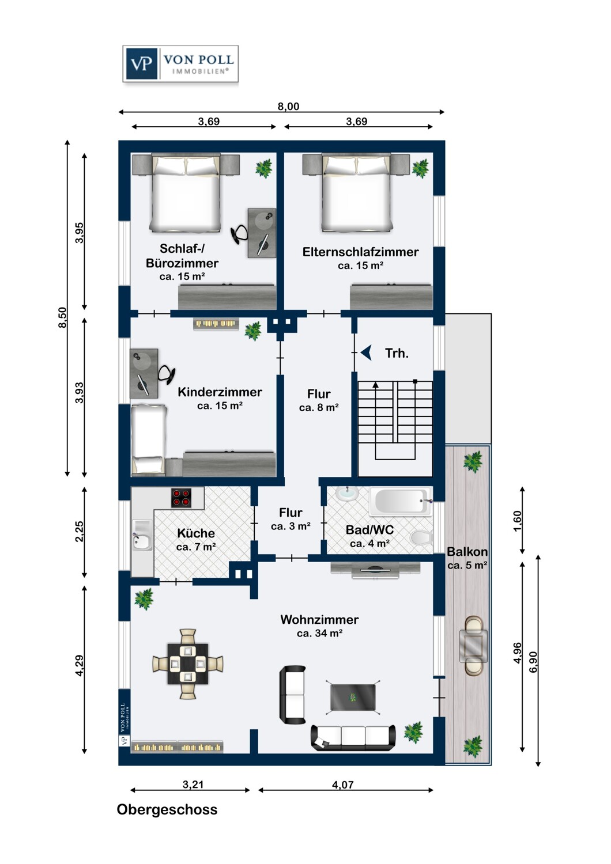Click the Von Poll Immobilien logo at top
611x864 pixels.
pyautogui.click(x=180, y=64)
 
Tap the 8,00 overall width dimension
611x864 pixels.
pyautogui.click(x=288, y=107)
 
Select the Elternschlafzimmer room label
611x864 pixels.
pyautogui.click(x=360, y=252)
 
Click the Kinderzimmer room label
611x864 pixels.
pyautogui.click(x=220, y=392)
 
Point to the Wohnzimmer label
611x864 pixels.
pyautogui.click(x=319, y=620)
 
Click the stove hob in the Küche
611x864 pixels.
pyautogui.click(x=181, y=498)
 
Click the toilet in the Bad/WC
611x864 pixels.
pyautogui.click(x=421, y=537)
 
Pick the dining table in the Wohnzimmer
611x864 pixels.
pyautogui.click(x=188, y=664)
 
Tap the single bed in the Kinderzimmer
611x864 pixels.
pyautogui.click(x=149, y=439)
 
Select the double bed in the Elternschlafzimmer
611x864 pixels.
pyautogui.click(x=356, y=193)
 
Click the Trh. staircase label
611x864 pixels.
pyautogui.click(x=397, y=354)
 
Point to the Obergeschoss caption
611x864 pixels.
pyautogui.click(x=167, y=810)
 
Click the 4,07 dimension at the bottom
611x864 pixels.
pyautogui.click(x=343, y=785)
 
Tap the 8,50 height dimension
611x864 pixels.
pyautogui.click(x=62, y=317)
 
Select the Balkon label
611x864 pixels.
pyautogui.click(x=467, y=552)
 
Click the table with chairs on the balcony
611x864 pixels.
pyautogui.click(x=473, y=645)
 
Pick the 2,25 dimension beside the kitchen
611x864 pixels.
pyautogui.click(x=79, y=531)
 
